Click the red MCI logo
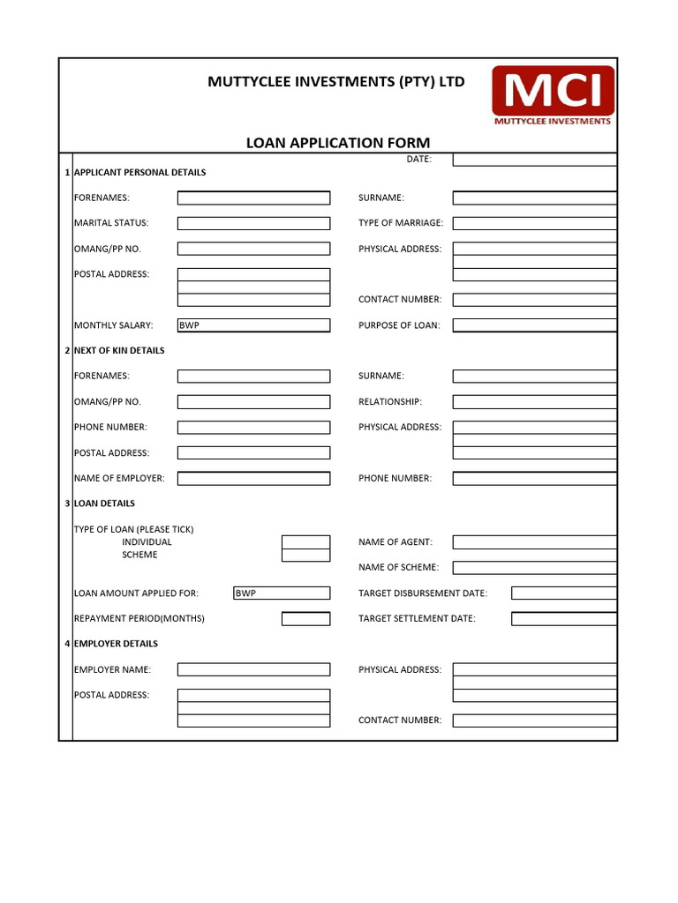coord(553,95)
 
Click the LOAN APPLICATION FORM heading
coord(338,143)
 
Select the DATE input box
coord(534,160)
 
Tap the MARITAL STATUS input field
coord(253,223)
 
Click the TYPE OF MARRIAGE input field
coord(534,223)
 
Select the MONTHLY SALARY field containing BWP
coord(253,325)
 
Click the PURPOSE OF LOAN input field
coord(534,325)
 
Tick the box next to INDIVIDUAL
coord(305,542)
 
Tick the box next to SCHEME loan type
coord(305,556)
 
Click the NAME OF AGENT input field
coord(534,542)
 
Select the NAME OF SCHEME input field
coord(534,568)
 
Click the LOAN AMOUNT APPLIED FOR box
coord(281,593)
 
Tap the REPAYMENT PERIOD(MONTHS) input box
coord(305,619)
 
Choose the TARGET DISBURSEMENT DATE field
coord(563,593)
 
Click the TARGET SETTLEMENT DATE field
coord(563,619)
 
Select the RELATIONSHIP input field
coord(534,402)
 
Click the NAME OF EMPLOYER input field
coord(253,479)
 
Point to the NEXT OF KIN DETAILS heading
coord(119,351)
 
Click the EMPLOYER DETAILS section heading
coord(116,645)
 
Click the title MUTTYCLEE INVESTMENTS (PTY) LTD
coord(335,82)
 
